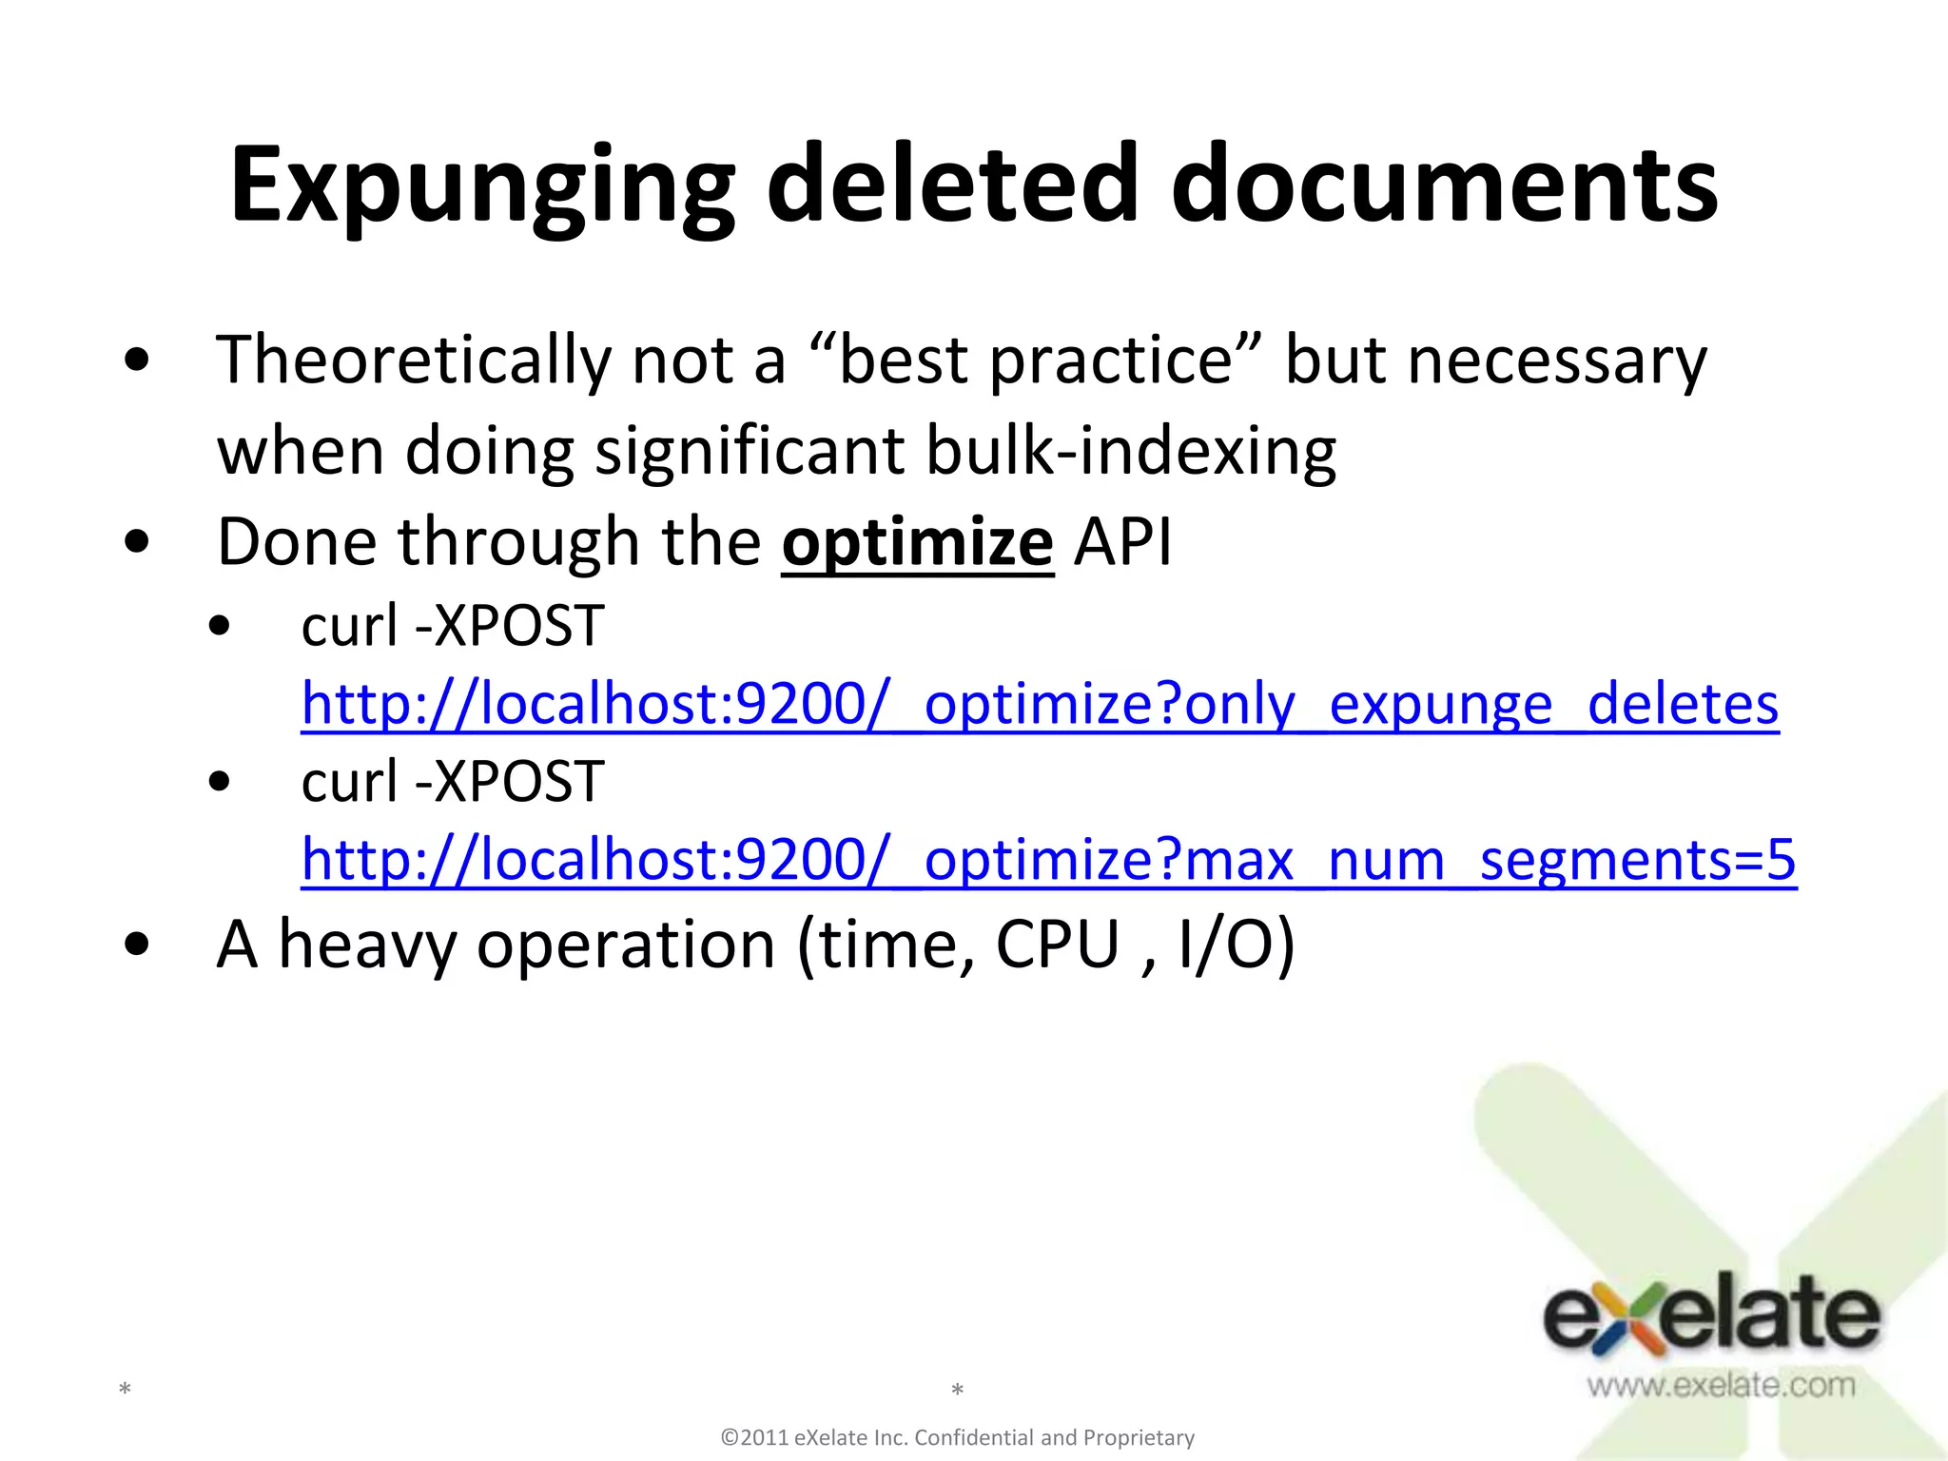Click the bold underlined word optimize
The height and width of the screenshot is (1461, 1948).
point(917,543)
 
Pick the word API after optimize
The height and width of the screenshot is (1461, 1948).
point(1122,543)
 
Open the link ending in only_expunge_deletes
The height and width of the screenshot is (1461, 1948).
point(1040,705)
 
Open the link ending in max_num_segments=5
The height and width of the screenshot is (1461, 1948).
point(1048,860)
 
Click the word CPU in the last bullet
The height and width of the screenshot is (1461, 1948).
point(1057,945)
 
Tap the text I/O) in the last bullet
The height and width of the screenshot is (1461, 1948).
point(1236,945)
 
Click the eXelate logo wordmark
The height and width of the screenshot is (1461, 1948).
point(1710,1317)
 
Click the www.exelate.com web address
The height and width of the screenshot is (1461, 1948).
point(1721,1385)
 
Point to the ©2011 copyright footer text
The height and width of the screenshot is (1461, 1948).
point(958,1437)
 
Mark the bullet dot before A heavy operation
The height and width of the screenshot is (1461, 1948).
point(137,945)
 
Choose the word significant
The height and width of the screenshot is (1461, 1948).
point(749,451)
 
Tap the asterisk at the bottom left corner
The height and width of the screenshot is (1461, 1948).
point(125,1391)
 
